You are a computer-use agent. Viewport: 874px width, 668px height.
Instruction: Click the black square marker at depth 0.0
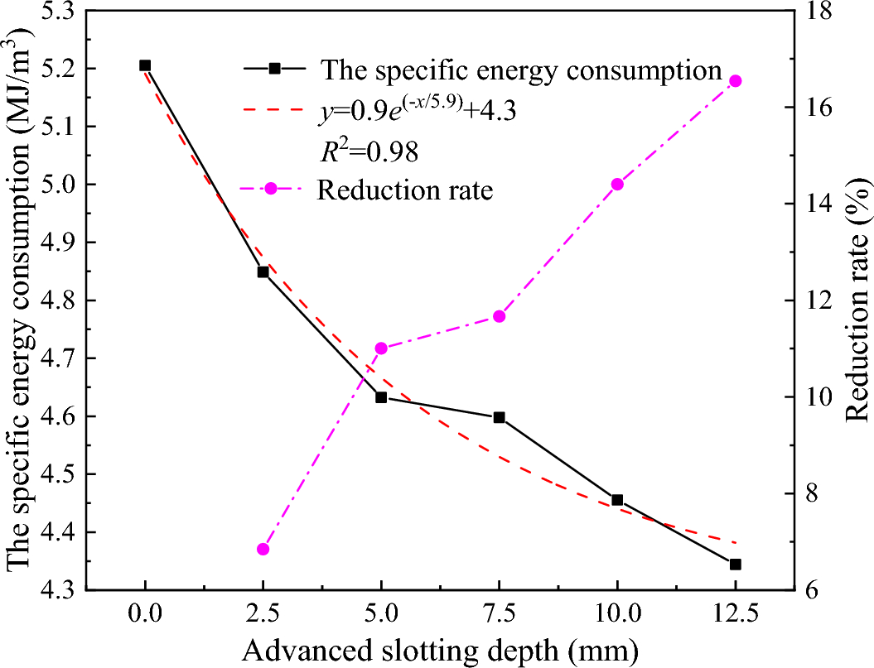(145, 65)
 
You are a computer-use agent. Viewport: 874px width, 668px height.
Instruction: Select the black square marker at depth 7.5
(499, 418)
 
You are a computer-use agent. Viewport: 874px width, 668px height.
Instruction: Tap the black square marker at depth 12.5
(735, 565)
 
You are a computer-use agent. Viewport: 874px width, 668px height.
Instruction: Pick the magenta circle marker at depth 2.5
(263, 550)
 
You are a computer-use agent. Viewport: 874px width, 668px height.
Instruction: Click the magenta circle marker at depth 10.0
(617, 185)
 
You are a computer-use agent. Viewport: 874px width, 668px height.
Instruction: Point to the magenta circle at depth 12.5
(735, 81)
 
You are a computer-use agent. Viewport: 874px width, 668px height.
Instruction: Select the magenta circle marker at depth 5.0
(381, 348)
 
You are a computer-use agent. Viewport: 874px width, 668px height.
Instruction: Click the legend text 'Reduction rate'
(404, 191)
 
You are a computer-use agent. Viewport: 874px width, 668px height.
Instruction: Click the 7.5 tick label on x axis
(499, 614)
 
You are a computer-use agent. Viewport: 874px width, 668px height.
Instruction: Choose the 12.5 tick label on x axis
(735, 614)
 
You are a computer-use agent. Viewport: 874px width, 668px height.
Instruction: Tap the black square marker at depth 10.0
(617, 500)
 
